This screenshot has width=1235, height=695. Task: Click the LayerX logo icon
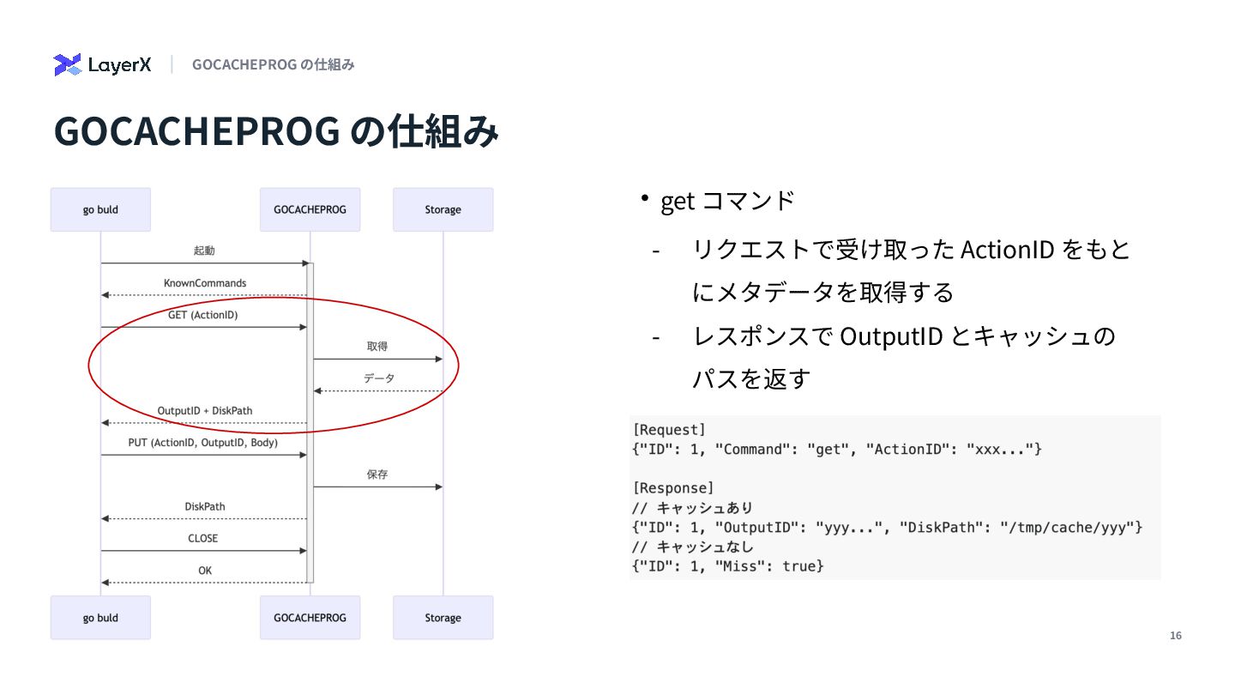pyautogui.click(x=67, y=64)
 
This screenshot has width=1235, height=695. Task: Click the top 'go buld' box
pyautogui.click(x=100, y=209)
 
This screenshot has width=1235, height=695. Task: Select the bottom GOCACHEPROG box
pyautogui.click(x=310, y=618)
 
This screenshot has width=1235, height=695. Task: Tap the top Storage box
pyautogui.click(x=443, y=209)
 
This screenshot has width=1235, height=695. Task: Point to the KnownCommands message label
pyautogui.click(x=205, y=283)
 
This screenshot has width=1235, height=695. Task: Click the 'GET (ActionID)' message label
pyautogui.click(x=203, y=315)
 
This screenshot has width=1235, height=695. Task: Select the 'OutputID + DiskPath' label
pyautogui.click(x=205, y=411)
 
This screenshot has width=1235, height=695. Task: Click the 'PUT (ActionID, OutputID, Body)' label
pyautogui.click(x=203, y=443)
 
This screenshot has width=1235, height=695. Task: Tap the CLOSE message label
pyautogui.click(x=203, y=539)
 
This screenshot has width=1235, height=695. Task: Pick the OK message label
pyautogui.click(x=205, y=571)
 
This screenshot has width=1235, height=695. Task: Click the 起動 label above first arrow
pyautogui.click(x=204, y=251)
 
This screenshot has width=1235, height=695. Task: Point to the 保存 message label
pyautogui.click(x=377, y=474)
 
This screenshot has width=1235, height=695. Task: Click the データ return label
pyautogui.click(x=378, y=378)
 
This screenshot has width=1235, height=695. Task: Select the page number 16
pyautogui.click(x=1176, y=636)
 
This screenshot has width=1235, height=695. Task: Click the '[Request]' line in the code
pyautogui.click(x=669, y=429)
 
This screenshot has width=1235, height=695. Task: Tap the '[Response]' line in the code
pyautogui.click(x=672, y=488)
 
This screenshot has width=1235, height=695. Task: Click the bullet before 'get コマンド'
pyautogui.click(x=644, y=199)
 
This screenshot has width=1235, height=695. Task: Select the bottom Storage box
pyautogui.click(x=443, y=618)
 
